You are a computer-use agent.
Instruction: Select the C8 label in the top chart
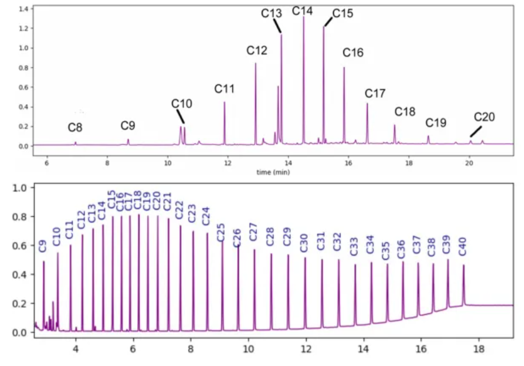pos(75,128)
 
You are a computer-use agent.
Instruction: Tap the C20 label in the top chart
pos(484,117)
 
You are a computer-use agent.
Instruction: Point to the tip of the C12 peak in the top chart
pos(256,63)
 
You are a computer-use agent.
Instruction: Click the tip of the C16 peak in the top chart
pos(344,68)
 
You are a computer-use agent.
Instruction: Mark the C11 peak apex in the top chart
pos(224,102)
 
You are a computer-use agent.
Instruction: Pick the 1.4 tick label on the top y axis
pos(23,9)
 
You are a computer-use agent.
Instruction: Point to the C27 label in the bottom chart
pos(254,232)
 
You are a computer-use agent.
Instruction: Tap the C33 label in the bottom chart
pos(354,246)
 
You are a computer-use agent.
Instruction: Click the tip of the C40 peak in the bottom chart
pos(464,265)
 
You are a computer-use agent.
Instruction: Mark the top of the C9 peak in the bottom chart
pos(43,262)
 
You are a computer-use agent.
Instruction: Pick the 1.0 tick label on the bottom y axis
pos(20,188)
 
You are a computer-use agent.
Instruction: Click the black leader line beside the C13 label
pos(277,26)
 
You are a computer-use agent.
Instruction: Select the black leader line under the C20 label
pos(477,131)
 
